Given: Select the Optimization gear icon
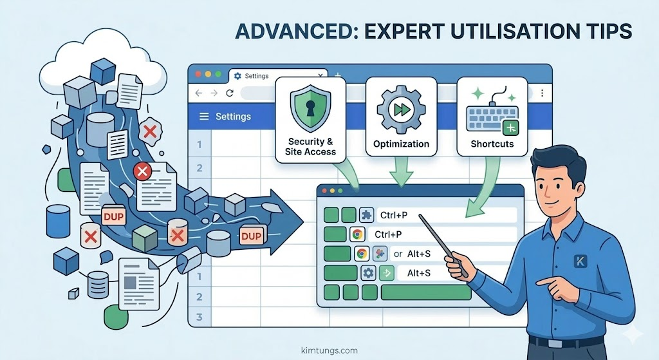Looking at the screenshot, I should [401, 109].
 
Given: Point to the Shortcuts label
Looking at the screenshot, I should [492, 144].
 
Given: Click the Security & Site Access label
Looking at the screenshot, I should [310, 146].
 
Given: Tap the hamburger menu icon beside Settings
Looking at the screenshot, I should [205, 117].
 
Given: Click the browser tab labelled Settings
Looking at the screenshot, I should [256, 76].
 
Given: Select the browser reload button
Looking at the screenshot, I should [230, 93].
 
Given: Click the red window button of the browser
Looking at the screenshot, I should [198, 75].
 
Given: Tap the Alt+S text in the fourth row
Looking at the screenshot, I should [419, 274].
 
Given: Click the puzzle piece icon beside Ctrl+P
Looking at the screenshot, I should [366, 215].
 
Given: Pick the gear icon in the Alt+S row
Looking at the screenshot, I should [369, 273].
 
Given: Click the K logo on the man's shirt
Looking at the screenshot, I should [578, 261].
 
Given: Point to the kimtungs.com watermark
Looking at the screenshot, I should [329, 350].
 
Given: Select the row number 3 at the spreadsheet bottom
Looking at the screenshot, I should [200, 317].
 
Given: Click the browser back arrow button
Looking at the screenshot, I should [199, 93].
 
